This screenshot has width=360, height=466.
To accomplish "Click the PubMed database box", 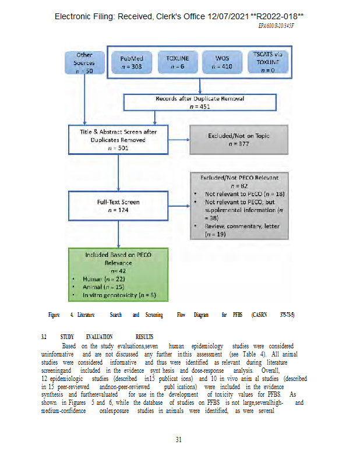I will point(132,62).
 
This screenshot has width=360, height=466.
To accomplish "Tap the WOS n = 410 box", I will point(222,62).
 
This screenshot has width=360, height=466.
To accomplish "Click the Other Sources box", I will point(84,62).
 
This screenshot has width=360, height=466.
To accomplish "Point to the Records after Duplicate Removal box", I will point(199,102).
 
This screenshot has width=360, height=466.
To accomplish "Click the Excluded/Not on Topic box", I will point(239,139).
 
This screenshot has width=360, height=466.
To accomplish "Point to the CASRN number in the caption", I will point(287,315).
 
